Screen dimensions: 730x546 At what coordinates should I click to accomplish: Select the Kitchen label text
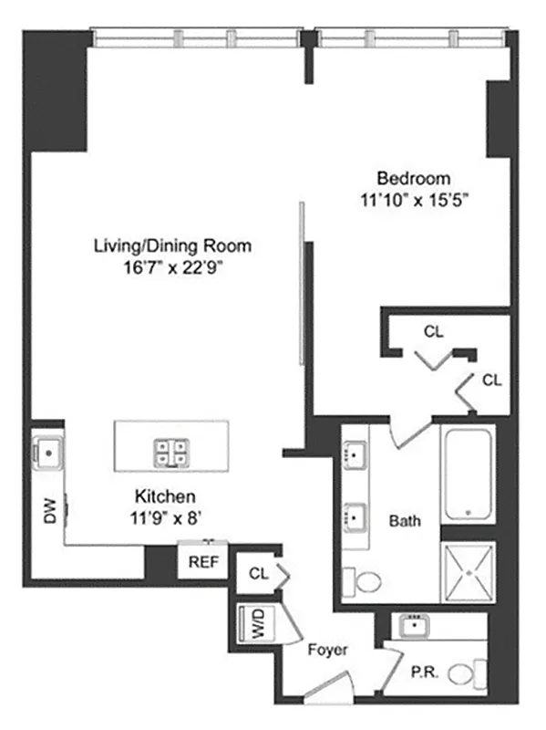(x=166, y=497)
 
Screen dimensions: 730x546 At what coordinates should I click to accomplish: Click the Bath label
(x=405, y=522)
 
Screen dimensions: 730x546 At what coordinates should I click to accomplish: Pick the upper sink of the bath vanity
(x=354, y=453)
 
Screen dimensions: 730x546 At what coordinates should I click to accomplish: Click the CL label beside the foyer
(x=258, y=574)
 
